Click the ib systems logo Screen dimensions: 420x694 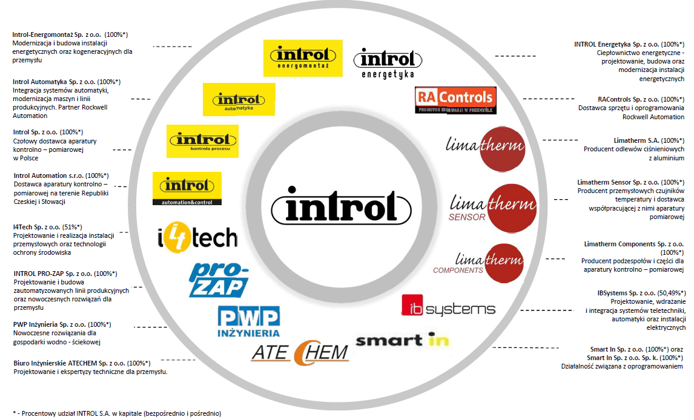[x=448, y=306]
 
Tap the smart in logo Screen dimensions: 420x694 [x=402, y=340]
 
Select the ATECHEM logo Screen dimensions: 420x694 [x=300, y=352]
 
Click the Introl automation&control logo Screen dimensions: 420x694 [x=187, y=188]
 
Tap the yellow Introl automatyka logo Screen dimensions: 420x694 [x=239, y=100]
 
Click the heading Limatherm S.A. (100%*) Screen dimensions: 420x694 [x=634, y=140]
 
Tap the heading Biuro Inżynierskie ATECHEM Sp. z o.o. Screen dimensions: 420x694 [x=82, y=363]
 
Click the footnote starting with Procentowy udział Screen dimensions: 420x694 [x=117, y=413]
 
